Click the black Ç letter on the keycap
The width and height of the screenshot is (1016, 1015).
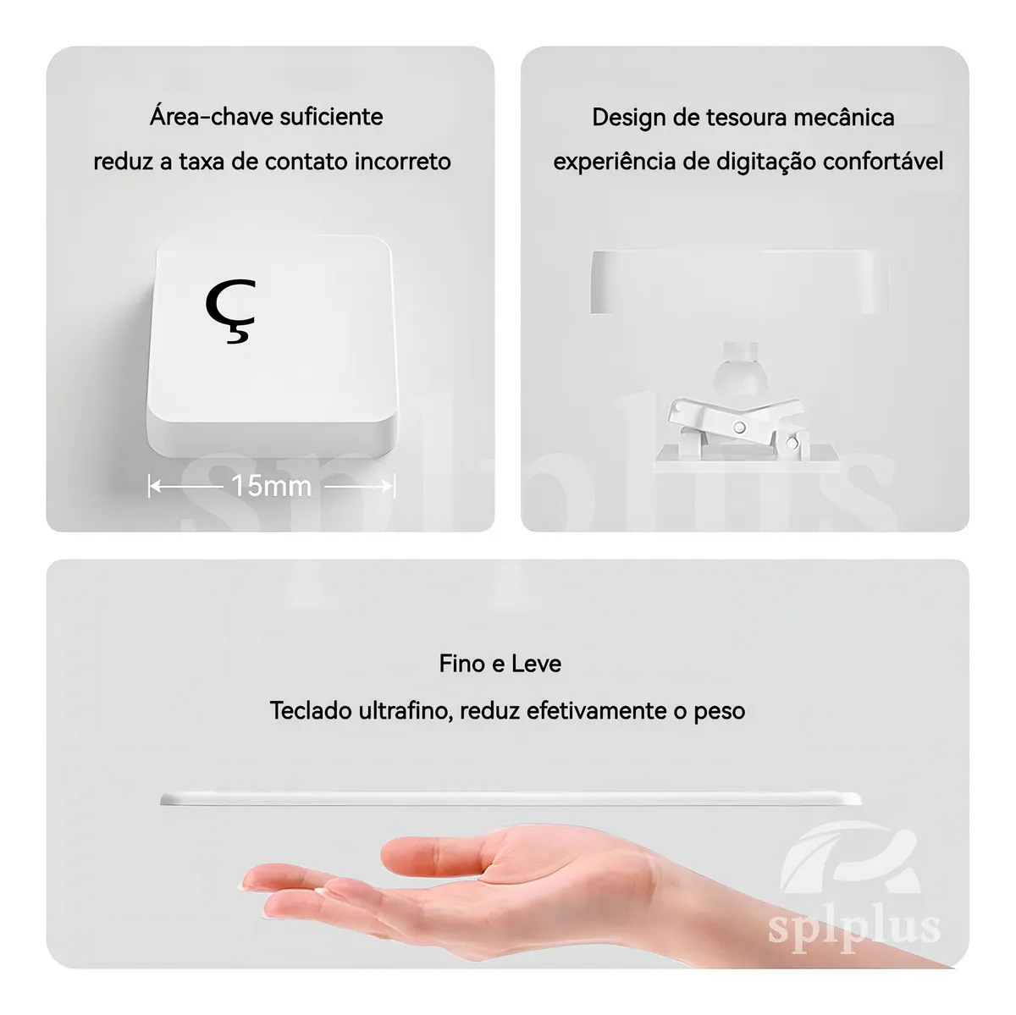[230, 311]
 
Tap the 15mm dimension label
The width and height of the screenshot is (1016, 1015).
[272, 486]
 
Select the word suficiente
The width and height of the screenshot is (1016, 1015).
[332, 117]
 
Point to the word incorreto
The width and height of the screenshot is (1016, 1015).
[403, 162]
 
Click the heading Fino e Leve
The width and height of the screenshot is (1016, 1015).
[500, 664]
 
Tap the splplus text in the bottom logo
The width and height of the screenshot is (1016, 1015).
[854, 929]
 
